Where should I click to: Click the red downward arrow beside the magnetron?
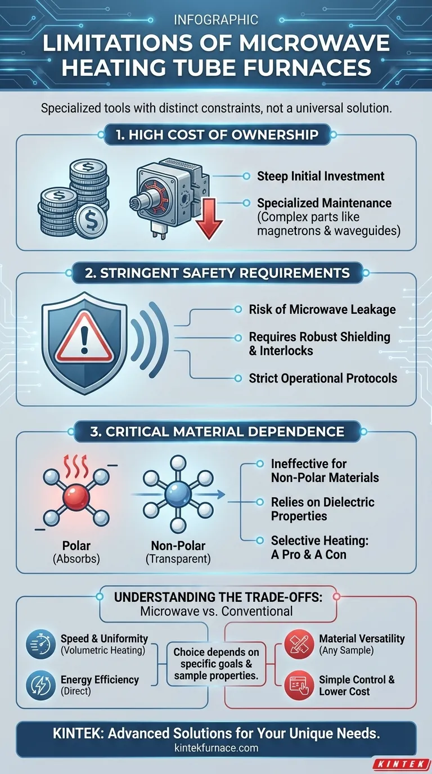209,219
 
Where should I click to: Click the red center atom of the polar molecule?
76,498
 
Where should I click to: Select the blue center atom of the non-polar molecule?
178,494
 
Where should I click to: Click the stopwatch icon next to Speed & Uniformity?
40,643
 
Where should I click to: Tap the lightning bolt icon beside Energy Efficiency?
40,685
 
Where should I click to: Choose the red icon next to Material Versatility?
299,643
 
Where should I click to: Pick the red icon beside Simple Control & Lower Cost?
299,685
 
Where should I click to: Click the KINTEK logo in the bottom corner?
402,764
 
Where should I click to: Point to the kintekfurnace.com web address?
217,748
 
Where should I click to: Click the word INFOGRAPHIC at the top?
216,20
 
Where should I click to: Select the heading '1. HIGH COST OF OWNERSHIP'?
217,135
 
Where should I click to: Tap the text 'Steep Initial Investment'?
321,176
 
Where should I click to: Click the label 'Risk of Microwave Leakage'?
322,309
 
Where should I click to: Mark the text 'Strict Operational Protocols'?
323,379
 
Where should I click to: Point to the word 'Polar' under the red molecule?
76,546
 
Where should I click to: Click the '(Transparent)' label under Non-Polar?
178,559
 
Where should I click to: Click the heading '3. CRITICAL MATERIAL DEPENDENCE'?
217,432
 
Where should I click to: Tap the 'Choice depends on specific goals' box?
217,664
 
